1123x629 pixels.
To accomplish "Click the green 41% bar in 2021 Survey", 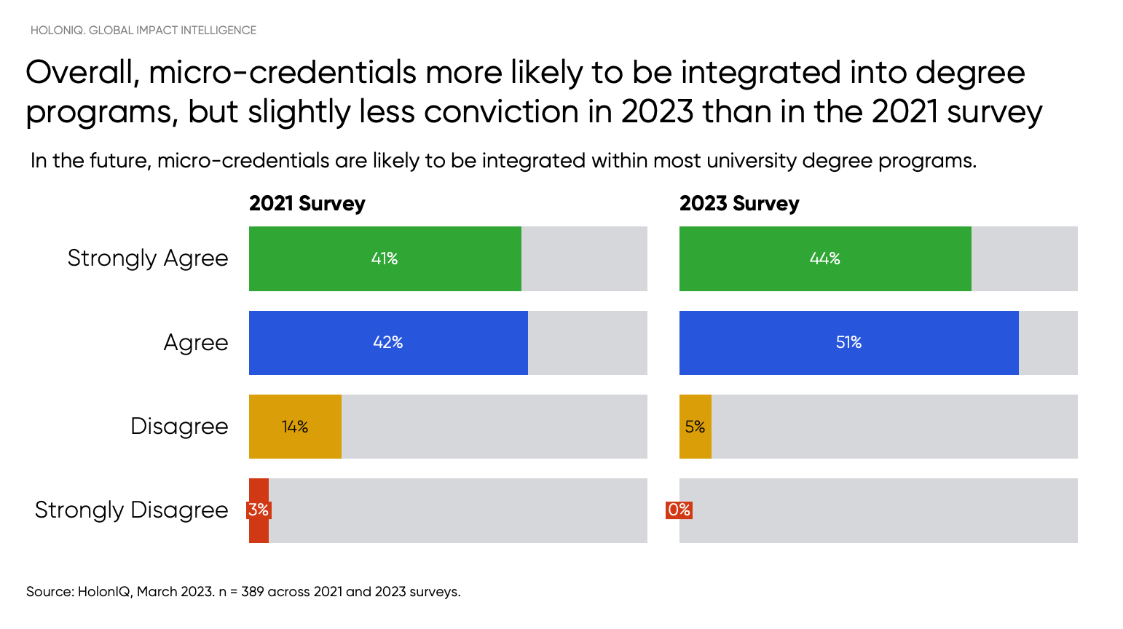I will click(x=385, y=258).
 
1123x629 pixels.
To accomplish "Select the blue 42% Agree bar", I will click(x=388, y=343).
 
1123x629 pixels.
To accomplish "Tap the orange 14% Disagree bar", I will click(x=295, y=427).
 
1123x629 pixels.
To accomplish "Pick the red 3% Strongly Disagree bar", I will click(x=259, y=510).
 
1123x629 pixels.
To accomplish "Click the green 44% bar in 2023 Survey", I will click(x=824, y=258).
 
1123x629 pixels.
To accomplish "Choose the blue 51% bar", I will click(x=848, y=343).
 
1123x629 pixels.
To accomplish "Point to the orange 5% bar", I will click(x=695, y=427).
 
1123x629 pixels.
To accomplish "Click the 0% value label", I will click(x=679, y=510).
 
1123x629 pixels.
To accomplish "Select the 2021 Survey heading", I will click(x=307, y=204).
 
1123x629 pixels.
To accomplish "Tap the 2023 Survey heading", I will click(x=739, y=204).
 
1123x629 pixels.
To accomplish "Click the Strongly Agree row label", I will click(x=148, y=258).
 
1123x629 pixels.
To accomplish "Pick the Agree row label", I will click(x=195, y=343).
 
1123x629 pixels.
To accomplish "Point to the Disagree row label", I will click(x=179, y=427).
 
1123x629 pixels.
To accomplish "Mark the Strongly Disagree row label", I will click(x=131, y=510).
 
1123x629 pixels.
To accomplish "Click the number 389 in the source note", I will click(x=252, y=592).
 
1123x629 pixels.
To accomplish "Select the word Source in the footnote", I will click(x=48, y=592).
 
